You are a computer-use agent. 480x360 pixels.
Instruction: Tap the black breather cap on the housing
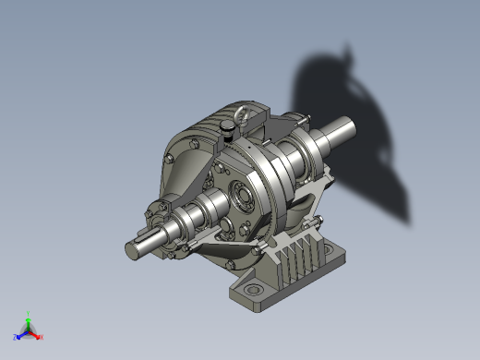[x=227, y=131]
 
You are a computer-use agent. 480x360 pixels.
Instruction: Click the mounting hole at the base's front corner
[x=252, y=293]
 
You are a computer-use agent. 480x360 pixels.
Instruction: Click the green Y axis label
[x=29, y=313]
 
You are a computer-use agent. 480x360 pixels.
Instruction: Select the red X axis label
[x=42, y=337]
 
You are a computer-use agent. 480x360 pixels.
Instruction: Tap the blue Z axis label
[x=16, y=337]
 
